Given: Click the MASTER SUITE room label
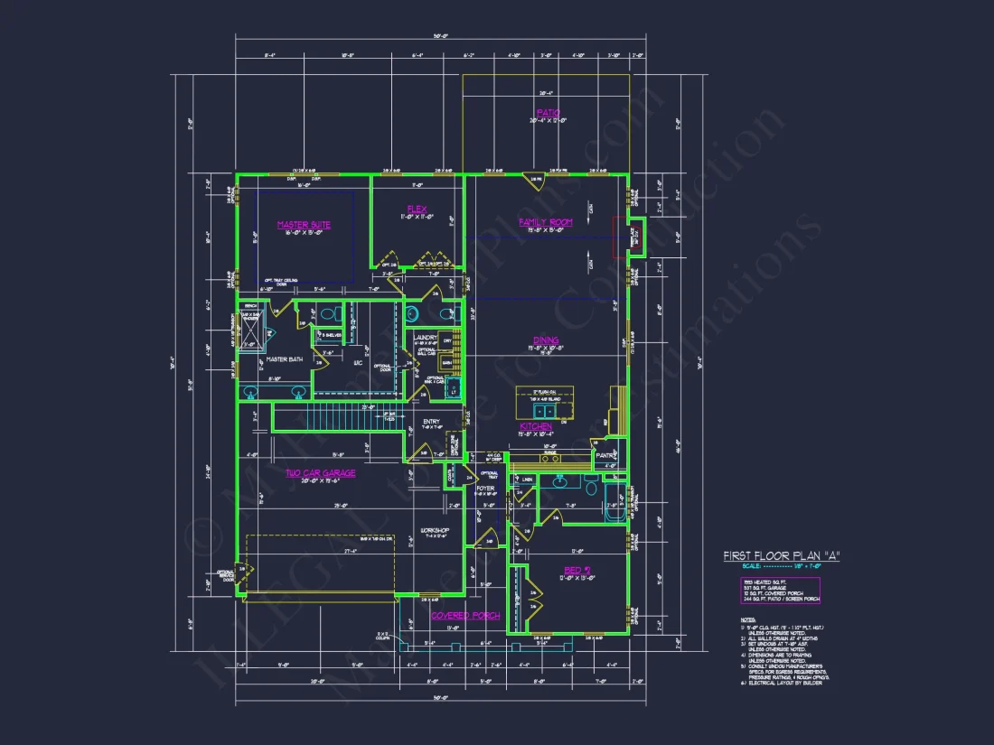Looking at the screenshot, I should click(x=304, y=225).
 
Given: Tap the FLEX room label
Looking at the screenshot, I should click(x=417, y=209).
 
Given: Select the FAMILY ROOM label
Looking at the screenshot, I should click(x=546, y=221).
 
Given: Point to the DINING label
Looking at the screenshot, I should click(x=545, y=340).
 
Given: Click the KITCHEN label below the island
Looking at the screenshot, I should click(x=536, y=426).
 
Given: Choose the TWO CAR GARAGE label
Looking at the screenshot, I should click(x=321, y=472).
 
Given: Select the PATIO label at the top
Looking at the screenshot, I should click(x=549, y=113).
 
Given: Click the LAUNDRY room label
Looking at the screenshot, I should click(x=426, y=338).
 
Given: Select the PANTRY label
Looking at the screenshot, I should click(x=605, y=456).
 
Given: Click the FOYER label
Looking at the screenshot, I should click(x=485, y=488).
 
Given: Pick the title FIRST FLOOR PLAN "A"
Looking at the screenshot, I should click(x=782, y=556).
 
